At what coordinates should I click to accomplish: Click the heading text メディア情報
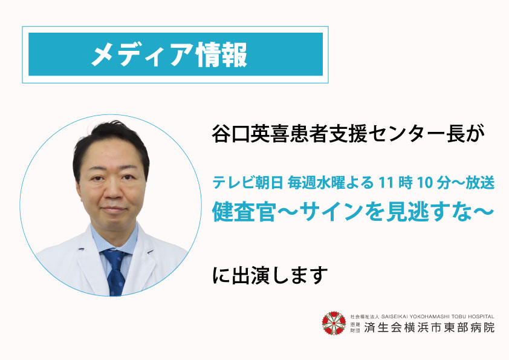click(x=169, y=54)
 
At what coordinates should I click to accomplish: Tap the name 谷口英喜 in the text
click(x=250, y=134)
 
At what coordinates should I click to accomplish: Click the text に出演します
click(x=270, y=275)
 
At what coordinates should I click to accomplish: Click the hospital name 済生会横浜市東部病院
click(x=429, y=327)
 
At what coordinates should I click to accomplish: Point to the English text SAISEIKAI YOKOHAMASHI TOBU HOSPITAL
click(x=438, y=316)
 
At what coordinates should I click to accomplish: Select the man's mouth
click(x=113, y=209)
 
